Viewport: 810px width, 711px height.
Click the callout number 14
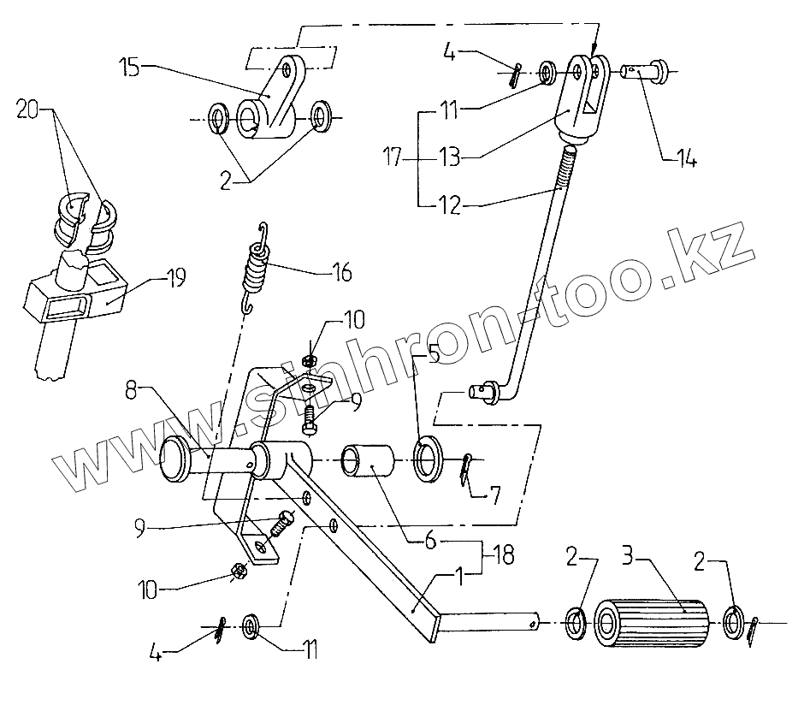pos(684,158)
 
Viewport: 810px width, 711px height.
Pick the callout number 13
pos(452,158)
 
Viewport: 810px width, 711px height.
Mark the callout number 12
pos(451,204)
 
